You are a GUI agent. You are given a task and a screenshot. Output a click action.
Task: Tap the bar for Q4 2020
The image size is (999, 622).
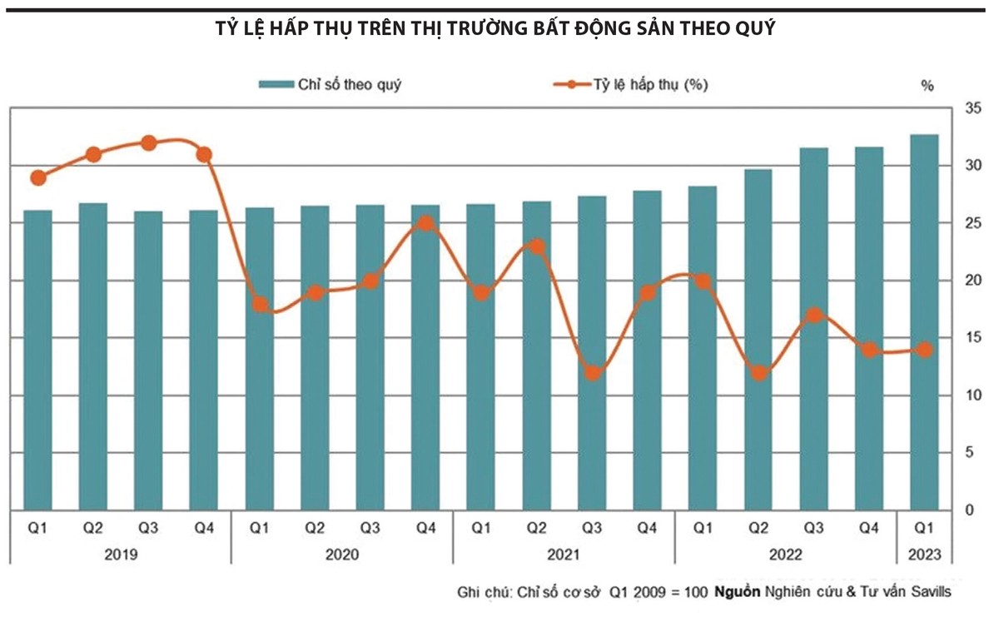point(425,357)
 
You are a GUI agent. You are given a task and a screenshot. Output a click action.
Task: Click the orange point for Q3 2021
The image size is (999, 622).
point(593,372)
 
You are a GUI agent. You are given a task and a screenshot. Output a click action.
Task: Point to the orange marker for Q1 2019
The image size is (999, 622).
point(38,177)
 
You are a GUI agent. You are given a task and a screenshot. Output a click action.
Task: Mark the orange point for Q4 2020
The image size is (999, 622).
point(425,223)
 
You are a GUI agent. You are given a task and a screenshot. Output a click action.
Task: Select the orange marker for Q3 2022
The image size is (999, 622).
point(814,316)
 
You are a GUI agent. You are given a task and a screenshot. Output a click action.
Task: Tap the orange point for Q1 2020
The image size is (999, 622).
point(260,305)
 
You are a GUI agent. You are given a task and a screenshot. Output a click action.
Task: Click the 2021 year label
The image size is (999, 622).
point(564,553)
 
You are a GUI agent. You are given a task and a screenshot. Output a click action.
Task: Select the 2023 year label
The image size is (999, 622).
point(924,553)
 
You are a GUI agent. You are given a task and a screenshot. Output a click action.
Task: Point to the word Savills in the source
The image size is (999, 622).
point(928,593)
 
